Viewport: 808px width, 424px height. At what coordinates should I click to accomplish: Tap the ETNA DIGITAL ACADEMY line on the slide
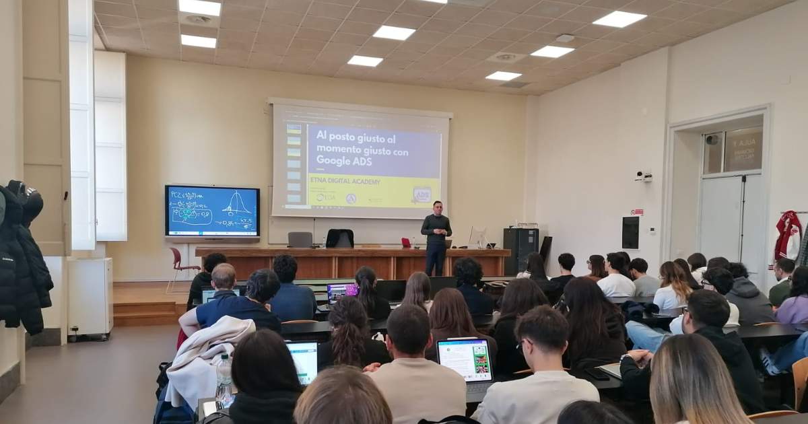(344, 182)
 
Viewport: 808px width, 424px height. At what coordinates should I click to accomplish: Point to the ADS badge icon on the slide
(422, 195)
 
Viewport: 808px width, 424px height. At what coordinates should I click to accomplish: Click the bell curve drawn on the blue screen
(236, 203)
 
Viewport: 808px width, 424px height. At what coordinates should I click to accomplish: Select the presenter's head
(437, 207)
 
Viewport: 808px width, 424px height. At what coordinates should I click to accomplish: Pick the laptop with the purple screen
(341, 291)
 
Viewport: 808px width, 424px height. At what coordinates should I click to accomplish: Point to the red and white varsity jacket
(787, 236)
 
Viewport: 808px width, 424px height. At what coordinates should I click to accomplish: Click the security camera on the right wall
(644, 176)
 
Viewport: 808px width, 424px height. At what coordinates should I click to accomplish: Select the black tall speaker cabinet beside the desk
(520, 250)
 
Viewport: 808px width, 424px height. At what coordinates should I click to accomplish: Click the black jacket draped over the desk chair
(340, 238)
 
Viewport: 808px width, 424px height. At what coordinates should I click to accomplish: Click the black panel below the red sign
(631, 232)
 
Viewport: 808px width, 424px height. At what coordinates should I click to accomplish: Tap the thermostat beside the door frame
(650, 231)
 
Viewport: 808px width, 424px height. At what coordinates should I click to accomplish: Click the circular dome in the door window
(712, 140)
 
